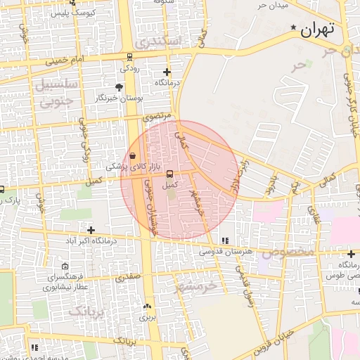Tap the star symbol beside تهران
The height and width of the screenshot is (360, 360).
click(293, 28)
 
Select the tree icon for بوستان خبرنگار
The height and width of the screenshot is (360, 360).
click(120, 86)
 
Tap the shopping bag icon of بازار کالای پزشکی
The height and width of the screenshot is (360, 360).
click(134, 156)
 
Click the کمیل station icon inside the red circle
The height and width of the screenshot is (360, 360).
click(169, 174)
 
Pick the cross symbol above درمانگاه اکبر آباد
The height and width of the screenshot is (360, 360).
click(91, 229)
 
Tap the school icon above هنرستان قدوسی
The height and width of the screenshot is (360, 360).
click(225, 240)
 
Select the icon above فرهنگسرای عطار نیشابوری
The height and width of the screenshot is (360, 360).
click(65, 266)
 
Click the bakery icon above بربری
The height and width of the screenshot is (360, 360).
click(147, 306)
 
